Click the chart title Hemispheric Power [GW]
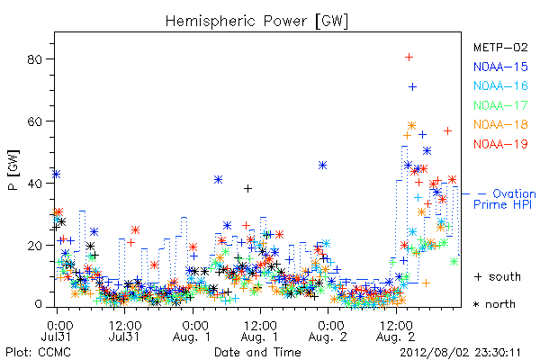(256, 21)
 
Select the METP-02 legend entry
(500, 47)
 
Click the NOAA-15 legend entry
(500, 67)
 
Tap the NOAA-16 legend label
(500, 85)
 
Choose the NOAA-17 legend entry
(500, 105)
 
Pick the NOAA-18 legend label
(500, 124)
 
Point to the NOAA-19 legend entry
(500, 144)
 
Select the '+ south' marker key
(498, 276)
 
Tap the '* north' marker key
(494, 304)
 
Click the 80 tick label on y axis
(34, 59)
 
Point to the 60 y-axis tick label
(34, 121)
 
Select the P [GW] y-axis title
(13, 170)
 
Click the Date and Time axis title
(257, 352)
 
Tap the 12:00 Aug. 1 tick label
(260, 331)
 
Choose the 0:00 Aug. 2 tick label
(328, 331)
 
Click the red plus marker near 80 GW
(409, 58)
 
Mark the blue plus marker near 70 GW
(412, 86)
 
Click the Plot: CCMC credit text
(38, 352)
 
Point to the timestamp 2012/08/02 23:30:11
(460, 353)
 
